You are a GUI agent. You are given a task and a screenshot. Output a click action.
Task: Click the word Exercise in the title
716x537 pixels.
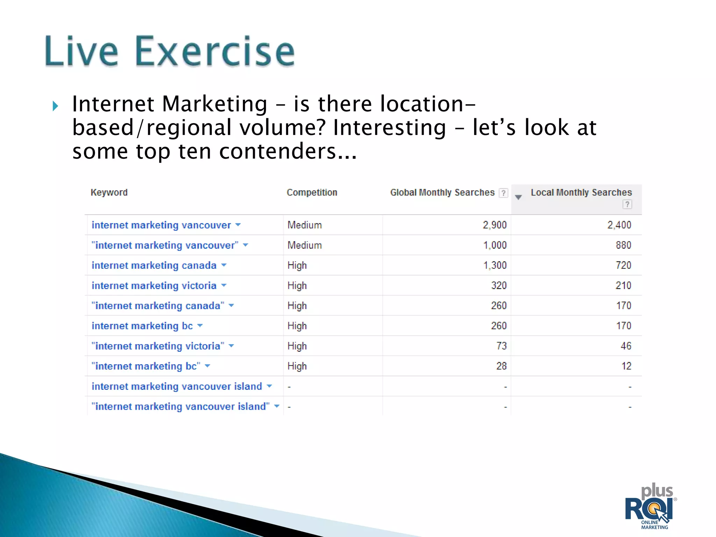coord(215,52)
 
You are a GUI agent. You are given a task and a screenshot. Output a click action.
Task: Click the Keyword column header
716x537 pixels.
coord(109,192)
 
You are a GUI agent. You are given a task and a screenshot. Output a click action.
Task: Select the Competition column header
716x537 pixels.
coord(312,192)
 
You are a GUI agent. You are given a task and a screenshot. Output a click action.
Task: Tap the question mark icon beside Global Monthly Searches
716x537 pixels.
coord(503,193)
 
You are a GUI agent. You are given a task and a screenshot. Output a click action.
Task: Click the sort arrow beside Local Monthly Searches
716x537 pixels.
coord(518,197)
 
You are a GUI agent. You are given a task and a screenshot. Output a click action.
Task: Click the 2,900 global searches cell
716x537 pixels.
coord(494,225)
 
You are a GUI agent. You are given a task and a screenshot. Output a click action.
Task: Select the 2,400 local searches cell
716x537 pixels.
coord(619,225)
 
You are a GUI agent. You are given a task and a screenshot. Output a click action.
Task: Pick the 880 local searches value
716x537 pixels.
coord(623,245)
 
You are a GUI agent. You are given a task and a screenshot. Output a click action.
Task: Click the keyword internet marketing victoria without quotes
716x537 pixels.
coord(154,286)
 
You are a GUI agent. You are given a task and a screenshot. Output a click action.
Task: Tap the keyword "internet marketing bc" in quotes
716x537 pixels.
coord(146,366)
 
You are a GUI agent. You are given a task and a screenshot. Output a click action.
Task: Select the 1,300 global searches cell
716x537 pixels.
coord(494,265)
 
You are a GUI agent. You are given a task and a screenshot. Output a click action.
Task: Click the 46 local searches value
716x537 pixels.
coord(626,346)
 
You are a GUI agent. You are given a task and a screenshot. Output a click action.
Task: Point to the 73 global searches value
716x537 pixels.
coord(501,346)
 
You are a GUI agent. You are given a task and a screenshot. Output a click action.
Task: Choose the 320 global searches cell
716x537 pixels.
coord(499,286)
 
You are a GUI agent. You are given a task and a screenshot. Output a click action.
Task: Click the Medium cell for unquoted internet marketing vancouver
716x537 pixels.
coord(305,225)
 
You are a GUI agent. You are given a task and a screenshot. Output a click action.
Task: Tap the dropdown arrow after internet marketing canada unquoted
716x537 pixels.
coord(224,265)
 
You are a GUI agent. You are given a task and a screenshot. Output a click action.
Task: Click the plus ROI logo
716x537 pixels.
coord(650,507)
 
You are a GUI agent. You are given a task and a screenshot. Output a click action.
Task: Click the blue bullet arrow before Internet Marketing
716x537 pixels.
coord(55,106)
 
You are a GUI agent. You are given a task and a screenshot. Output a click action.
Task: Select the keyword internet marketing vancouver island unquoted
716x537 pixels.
coord(177,386)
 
